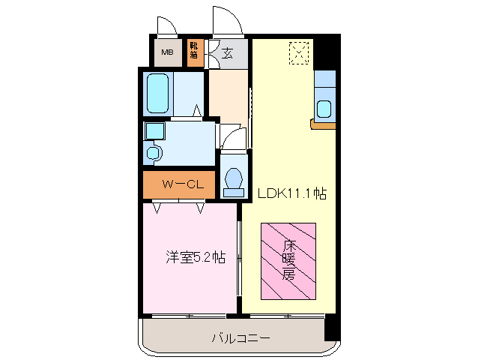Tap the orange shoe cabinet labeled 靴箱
[194, 51]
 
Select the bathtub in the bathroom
[157, 94]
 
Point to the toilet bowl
[234, 180]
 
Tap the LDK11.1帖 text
[292, 193]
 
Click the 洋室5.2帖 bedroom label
[195, 257]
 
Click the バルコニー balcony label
[240, 339]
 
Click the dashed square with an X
[298, 52]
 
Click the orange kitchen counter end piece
[323, 124]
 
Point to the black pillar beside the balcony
[332, 328]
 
